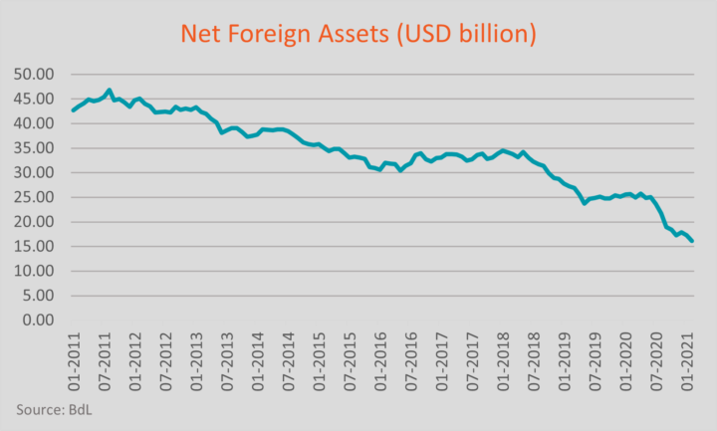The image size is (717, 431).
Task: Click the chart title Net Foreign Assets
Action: click(x=358, y=34)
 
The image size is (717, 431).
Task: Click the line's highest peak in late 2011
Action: click(x=110, y=90)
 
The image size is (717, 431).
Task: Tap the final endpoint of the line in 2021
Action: click(x=693, y=241)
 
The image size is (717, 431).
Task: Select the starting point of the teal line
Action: click(x=73, y=109)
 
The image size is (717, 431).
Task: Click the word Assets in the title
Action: click(x=339, y=34)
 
